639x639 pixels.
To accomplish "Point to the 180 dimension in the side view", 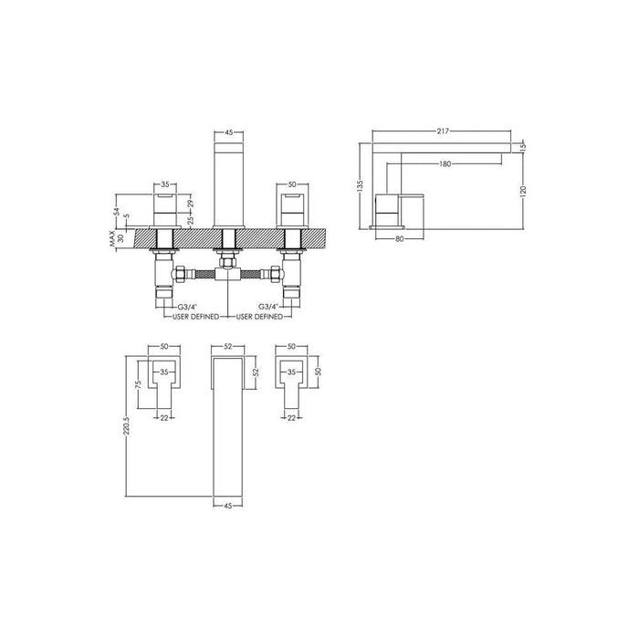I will tap(445, 163).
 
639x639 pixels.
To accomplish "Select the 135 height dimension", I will tap(361, 185).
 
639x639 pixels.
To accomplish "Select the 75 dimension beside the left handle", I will tap(139, 386).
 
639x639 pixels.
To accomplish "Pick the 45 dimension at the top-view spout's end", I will tap(227, 503).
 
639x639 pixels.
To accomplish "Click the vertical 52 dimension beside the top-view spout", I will tap(257, 371).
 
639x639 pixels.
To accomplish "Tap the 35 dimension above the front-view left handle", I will tap(166, 183).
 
